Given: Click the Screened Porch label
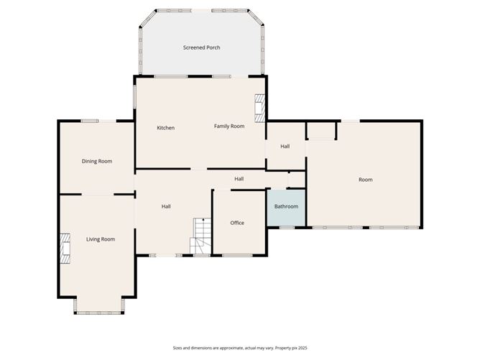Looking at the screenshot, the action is (x=201, y=47).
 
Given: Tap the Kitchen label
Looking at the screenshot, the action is (x=165, y=128).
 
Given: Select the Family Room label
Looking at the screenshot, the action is (x=229, y=126).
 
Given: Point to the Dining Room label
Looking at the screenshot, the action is (x=97, y=161).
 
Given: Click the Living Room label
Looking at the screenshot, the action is (x=101, y=239).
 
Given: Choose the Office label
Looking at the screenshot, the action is (x=237, y=223).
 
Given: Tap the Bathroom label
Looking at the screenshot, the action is (x=286, y=206).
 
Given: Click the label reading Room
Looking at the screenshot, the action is (x=366, y=180).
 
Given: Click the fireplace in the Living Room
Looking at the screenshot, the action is (x=65, y=249).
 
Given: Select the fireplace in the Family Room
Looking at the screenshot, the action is (x=259, y=108).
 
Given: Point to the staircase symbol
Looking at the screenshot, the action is (x=200, y=236).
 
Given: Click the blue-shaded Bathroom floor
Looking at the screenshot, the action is (x=286, y=208).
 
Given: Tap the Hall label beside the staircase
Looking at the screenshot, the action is (x=166, y=207).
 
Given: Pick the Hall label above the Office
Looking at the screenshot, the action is (x=239, y=179).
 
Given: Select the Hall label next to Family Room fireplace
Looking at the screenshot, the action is (x=285, y=147).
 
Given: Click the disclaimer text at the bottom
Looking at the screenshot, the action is (x=240, y=348).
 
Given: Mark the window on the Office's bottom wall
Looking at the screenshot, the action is (x=237, y=255).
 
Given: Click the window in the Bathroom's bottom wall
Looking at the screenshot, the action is (x=287, y=228).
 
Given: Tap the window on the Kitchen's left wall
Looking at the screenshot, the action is (x=134, y=96).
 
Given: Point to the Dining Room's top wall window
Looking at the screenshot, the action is (x=90, y=121).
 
